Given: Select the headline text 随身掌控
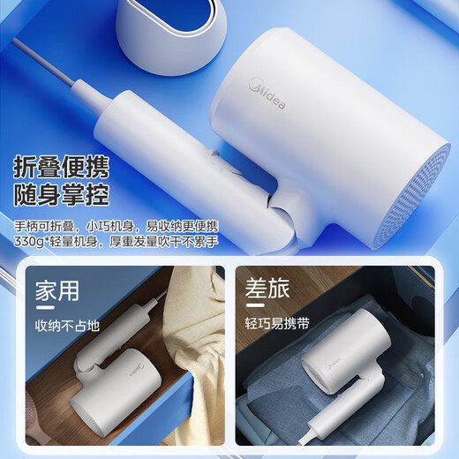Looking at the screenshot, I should tap(68, 195).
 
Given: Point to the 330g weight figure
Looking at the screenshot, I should tap(34, 241).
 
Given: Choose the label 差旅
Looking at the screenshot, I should tap(268, 290).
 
